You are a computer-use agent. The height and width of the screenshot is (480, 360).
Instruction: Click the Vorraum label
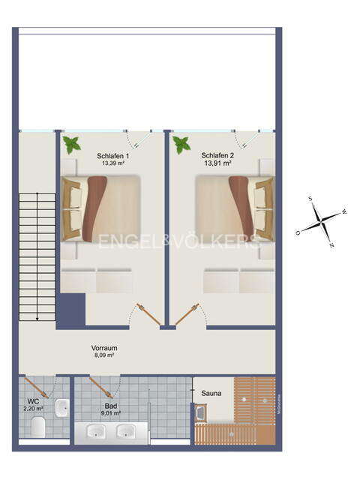point(104,348)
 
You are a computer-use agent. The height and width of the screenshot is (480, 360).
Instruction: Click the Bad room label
point(111,405)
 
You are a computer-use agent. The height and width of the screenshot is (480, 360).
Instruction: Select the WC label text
point(33,400)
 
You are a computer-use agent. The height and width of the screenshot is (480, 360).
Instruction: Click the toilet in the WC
point(38,427)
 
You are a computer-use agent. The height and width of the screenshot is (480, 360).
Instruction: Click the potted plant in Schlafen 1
point(73,144)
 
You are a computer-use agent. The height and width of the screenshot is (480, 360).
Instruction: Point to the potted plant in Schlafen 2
point(181,144)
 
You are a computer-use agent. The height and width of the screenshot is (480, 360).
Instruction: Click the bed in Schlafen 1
point(100,208)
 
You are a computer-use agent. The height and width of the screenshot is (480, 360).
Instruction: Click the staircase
point(37,255)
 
